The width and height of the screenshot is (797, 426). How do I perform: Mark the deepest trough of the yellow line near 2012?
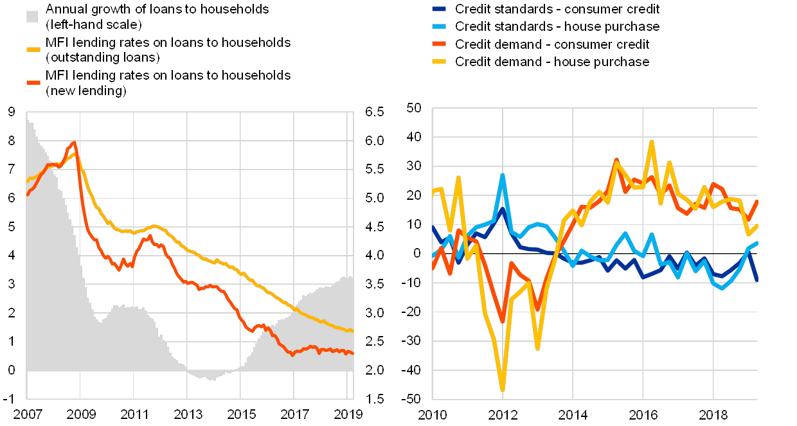click(x=502, y=389)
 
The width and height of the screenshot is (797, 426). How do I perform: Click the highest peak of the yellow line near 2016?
click(x=652, y=141)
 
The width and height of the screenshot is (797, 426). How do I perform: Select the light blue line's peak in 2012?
click(x=503, y=175)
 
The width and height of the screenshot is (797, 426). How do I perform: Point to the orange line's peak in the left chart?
click(x=75, y=143)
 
